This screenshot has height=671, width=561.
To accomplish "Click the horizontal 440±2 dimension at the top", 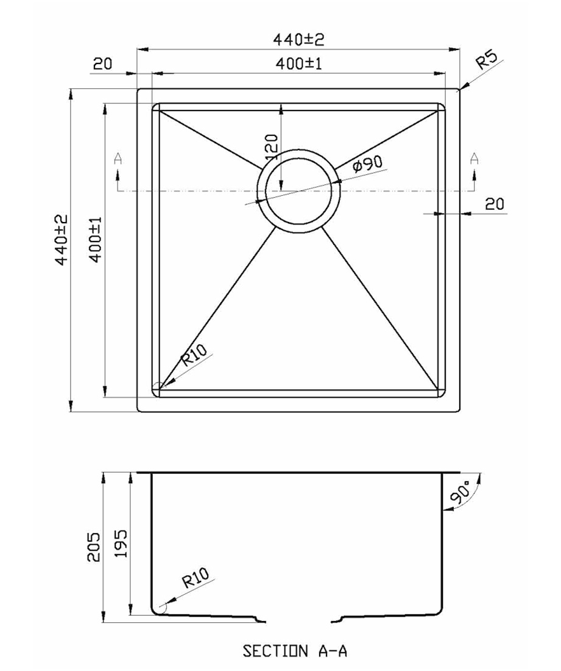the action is tap(298, 40).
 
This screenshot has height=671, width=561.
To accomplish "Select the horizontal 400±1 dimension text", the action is tap(298, 64).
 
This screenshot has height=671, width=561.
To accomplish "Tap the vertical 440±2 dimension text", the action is tap(62, 240).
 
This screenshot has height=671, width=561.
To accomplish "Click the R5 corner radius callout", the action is tap(487, 60).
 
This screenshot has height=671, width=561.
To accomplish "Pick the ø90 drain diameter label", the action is tap(367, 163).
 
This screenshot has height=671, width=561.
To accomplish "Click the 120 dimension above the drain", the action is tap(272, 147).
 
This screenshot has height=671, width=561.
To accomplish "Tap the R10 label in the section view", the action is tap(196, 577).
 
